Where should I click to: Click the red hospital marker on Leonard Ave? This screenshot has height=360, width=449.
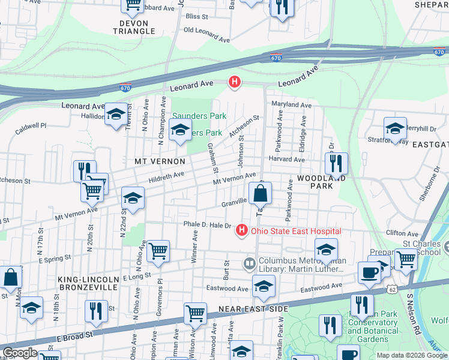pos(235,82)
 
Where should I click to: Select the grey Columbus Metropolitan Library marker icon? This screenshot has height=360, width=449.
pos(249,263)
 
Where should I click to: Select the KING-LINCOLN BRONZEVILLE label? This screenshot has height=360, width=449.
pos(88,284)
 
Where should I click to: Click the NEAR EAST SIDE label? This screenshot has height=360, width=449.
pos(253,308)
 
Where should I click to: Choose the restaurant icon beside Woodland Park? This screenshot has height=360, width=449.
pos(336,163)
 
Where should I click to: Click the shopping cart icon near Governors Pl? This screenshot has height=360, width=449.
pos(158,251)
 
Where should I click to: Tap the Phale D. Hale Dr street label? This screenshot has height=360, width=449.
pos(207,225)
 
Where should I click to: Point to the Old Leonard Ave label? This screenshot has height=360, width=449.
pos(206,35)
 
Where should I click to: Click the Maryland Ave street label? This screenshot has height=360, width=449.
pos(291,104)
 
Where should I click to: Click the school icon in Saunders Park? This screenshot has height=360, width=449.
pos(180,130)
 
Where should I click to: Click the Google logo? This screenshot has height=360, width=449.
pos(20,353)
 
